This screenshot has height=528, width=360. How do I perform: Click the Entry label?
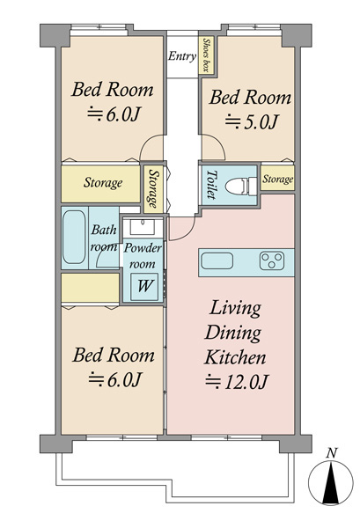click(x=182, y=56)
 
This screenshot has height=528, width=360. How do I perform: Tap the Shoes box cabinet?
click(x=206, y=55)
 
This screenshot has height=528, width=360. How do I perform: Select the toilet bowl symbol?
click(x=240, y=186)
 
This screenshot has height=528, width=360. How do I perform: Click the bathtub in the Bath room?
click(x=74, y=237)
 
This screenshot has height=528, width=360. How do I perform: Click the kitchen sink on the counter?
click(x=217, y=261)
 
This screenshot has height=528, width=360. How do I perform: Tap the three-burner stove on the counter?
click(x=272, y=261)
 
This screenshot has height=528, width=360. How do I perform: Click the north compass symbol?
click(x=331, y=482)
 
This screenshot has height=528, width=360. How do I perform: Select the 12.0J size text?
click(x=237, y=382)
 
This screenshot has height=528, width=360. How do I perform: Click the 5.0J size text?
click(x=252, y=121)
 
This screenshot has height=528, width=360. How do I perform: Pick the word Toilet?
click(x=211, y=184)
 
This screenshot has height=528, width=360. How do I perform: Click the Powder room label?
click(x=143, y=256)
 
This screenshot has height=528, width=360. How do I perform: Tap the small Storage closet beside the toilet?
click(x=277, y=178)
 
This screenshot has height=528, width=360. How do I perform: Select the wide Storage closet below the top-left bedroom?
click(x=100, y=184)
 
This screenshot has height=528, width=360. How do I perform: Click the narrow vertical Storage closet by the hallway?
click(x=153, y=189)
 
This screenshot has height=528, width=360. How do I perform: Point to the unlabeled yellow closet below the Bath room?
click(x=91, y=288)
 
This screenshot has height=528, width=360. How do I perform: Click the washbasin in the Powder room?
click(x=143, y=226)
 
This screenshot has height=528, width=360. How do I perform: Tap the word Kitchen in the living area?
click(x=235, y=357)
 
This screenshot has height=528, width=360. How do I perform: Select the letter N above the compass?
click(x=332, y=453)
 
